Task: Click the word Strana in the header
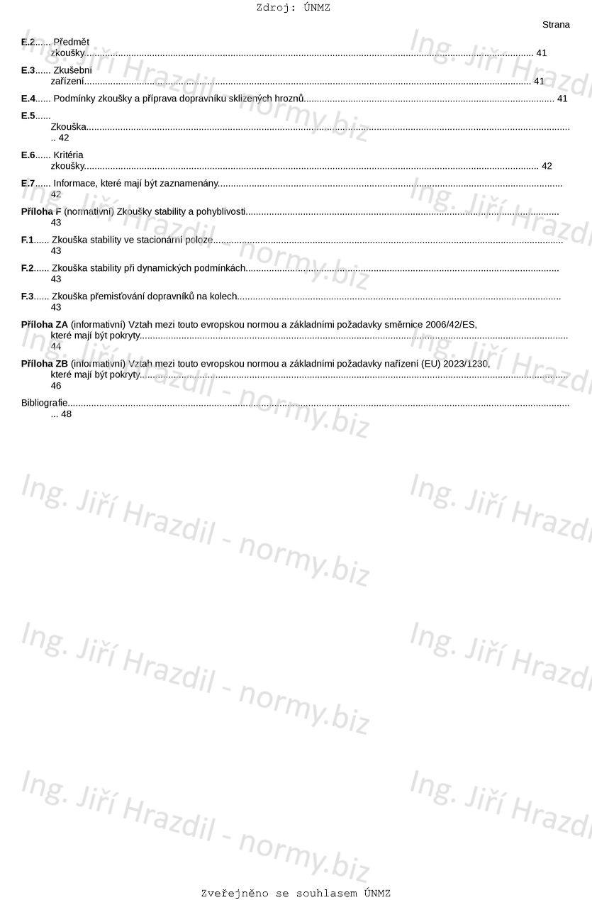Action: pyautogui.click(x=556, y=25)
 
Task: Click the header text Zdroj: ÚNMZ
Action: pyautogui.click(x=293, y=8)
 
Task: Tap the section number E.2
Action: pyautogui.click(x=28, y=42)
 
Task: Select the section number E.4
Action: pyautogui.click(x=28, y=99)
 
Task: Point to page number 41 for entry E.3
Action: pyautogui.click(x=539, y=82)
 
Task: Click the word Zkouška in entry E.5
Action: pyautogui.click(x=69, y=127)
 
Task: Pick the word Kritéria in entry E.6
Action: pyautogui.click(x=68, y=155)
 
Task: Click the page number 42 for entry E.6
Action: pyautogui.click(x=547, y=167)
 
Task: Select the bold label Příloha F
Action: pyautogui.click(x=41, y=212)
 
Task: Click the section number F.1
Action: pyautogui.click(x=28, y=240)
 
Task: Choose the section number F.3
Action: pyautogui.click(x=28, y=297)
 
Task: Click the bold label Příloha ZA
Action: pyautogui.click(x=45, y=325)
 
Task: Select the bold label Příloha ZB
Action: pyautogui.click(x=45, y=364)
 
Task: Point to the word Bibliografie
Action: pyautogui.click(x=45, y=403)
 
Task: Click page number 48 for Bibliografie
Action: pyautogui.click(x=67, y=414)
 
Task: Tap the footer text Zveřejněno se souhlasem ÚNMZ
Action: pyautogui.click(x=296, y=894)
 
